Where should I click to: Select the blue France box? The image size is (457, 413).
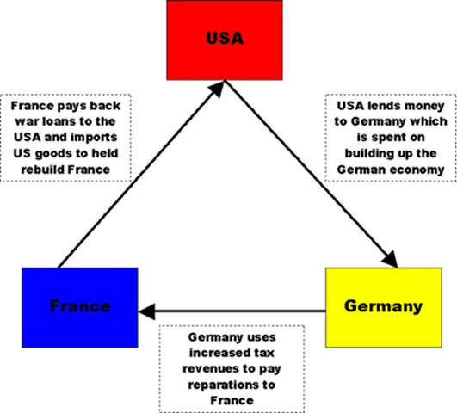pos(79,306)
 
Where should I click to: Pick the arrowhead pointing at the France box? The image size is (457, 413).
pos(146,308)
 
